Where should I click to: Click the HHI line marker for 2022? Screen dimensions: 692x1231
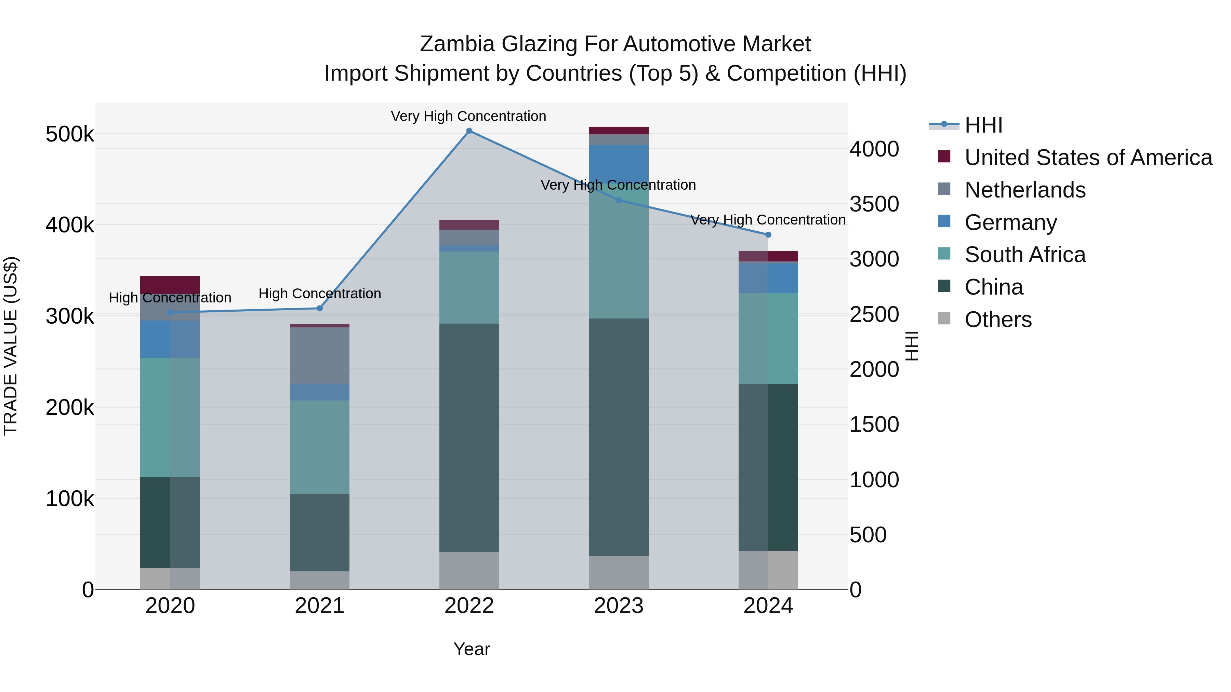pyautogui.click(x=469, y=131)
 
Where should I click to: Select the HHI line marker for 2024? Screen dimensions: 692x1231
pyautogui.click(x=768, y=234)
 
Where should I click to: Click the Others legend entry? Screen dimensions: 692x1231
pyautogui.click(x=998, y=320)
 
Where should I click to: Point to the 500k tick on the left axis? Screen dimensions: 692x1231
pyautogui.click(x=70, y=134)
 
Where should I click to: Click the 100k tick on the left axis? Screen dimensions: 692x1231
pyautogui.click(x=70, y=499)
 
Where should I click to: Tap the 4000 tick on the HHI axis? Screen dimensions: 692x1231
pyautogui.click(x=874, y=149)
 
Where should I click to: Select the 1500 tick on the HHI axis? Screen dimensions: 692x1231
pyautogui.click(x=874, y=424)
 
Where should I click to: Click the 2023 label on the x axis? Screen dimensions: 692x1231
pyautogui.click(x=618, y=606)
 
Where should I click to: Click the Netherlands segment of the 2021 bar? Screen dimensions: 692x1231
pyautogui.click(x=320, y=356)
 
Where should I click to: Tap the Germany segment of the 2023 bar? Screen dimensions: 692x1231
pyautogui.click(x=618, y=162)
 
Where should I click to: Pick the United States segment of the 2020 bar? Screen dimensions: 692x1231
pyautogui.click(x=170, y=285)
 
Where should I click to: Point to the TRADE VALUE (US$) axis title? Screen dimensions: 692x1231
pyautogui.click(x=11, y=346)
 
